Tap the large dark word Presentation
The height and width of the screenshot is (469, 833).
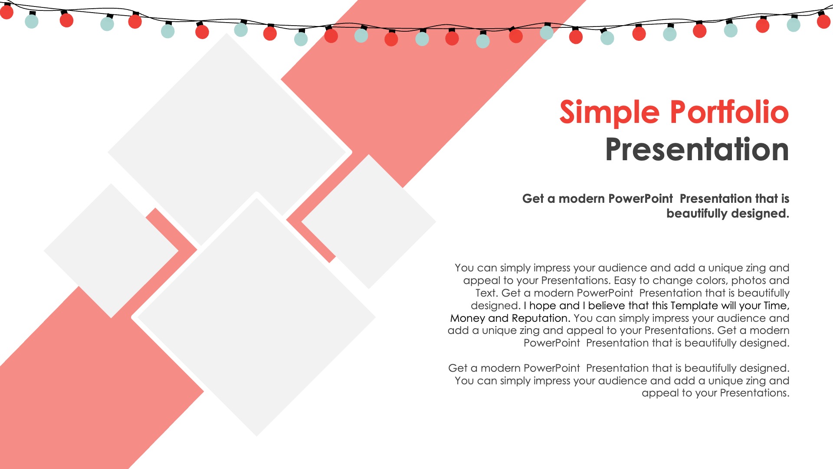click(697, 149)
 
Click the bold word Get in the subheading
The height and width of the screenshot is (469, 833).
click(533, 198)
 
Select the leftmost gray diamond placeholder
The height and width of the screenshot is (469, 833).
click(111, 251)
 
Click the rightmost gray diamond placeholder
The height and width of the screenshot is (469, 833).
click(369, 222)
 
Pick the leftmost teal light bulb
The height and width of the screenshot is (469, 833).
click(32, 20)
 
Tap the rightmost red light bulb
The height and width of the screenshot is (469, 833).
click(823, 21)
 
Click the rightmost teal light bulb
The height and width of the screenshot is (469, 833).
click(794, 24)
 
